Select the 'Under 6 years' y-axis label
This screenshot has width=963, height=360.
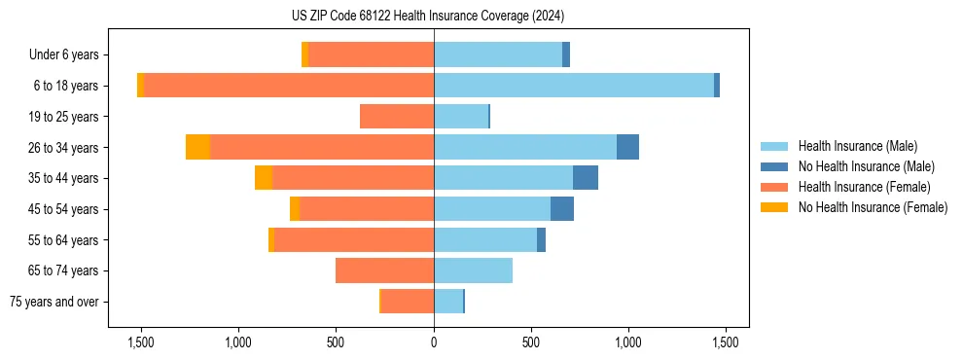[69, 54]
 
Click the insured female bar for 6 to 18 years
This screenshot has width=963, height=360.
[289, 86]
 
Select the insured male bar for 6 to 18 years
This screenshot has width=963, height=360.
[573, 86]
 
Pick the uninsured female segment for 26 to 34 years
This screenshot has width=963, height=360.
[197, 147]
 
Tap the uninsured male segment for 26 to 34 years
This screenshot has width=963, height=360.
[627, 147]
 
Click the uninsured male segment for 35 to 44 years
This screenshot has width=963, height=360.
[586, 178]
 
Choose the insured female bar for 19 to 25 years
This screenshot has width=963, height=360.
[397, 117]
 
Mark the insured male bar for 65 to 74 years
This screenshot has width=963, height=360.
[473, 270]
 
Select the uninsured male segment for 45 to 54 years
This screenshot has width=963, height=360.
[562, 209]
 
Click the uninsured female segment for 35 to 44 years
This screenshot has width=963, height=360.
[264, 178]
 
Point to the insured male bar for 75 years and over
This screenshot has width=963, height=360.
[448, 302]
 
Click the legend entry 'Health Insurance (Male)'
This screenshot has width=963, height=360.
[857, 146]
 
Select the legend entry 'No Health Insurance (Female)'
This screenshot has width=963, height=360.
[873, 207]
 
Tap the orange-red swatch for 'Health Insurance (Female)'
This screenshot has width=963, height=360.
[775, 187]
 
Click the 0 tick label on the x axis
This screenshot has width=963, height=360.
[434, 342]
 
